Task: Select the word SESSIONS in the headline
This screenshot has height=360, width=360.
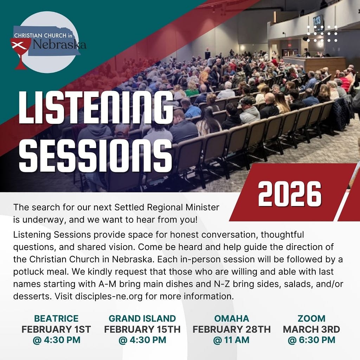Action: pyautogui.click(x=96, y=155)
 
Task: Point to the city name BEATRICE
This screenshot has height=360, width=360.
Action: pyautogui.click(x=56, y=319)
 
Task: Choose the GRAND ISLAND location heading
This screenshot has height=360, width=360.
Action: pyautogui.click(x=142, y=319)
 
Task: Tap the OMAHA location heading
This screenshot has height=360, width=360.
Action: pyautogui.click(x=232, y=319)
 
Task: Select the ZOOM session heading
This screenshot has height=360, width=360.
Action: pyautogui.click(x=311, y=319)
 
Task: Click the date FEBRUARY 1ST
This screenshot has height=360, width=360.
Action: pyautogui.click(x=56, y=329)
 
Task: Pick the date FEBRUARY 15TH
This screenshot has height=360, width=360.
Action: pyautogui.click(x=142, y=329)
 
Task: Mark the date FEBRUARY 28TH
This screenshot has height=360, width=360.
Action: pyautogui.click(x=232, y=329)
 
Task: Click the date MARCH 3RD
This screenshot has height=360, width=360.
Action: pyautogui.click(x=311, y=329)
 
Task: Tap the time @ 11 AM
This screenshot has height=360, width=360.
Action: pyautogui.click(x=231, y=340)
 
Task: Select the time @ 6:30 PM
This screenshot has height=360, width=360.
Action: pyautogui.click(x=311, y=340)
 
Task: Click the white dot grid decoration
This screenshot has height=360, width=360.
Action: pyautogui.click(x=322, y=34)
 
